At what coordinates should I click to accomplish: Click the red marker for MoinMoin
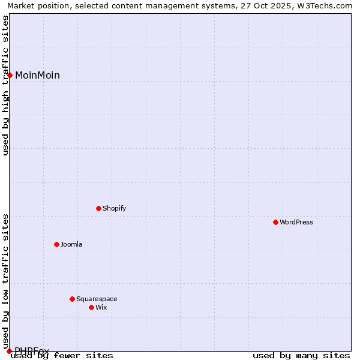click(10, 75)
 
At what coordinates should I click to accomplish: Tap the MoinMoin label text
click(37, 75)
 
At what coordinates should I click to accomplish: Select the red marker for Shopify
click(99, 208)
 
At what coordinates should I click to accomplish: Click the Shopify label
click(114, 208)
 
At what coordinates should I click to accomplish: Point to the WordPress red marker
click(276, 222)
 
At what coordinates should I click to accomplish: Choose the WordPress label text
click(296, 222)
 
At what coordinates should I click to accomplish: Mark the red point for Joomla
click(57, 244)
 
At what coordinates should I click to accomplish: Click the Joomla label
click(71, 244)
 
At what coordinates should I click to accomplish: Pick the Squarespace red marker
click(73, 299)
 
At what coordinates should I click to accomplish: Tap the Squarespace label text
click(97, 299)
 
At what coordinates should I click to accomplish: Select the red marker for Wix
click(92, 307)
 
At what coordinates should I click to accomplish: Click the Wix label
click(101, 307)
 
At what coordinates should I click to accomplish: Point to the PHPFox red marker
click(10, 351)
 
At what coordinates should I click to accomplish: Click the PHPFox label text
click(32, 350)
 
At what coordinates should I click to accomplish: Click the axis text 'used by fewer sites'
click(62, 355)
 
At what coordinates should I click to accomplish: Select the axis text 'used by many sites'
click(301, 355)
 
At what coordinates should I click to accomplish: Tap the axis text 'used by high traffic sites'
click(6, 85)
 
